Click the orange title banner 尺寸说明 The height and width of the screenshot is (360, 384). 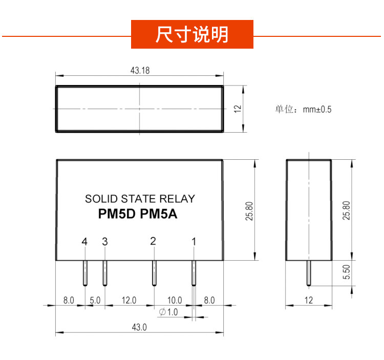pos(192,34)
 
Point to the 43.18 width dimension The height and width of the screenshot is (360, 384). pos(140,71)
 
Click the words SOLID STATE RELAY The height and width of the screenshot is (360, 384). pos(140,199)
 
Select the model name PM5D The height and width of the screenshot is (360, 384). pos(117,214)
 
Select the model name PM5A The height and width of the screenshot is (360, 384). pos(158,214)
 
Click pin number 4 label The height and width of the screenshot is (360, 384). pos(84,242)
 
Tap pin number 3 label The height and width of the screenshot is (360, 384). pos(105,242)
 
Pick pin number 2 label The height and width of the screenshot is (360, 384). pos(153,241)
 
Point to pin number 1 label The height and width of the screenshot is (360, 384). pos(194,242)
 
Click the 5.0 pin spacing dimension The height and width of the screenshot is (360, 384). pos(95,300)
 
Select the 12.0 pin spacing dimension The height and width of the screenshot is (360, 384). pos(129,300)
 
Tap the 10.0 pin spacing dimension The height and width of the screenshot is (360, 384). pos(175,300)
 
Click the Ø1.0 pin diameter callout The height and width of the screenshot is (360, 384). pos(168,312)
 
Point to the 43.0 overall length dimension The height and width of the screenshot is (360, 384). pos(139,327)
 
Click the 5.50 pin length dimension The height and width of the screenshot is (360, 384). pos(347,272)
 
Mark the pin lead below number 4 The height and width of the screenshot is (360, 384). pos(85,273)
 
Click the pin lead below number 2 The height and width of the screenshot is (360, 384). pos(154,273)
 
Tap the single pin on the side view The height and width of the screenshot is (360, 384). pos(309,273)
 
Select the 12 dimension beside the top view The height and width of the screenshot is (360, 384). pos(238,109)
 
